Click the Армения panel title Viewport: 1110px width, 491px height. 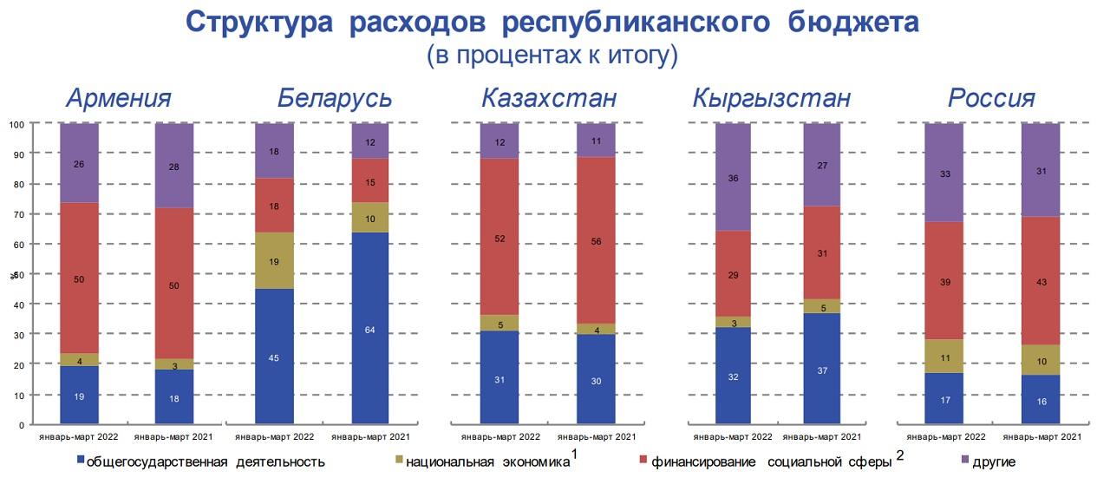(x=119, y=98)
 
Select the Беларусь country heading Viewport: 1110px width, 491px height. (x=334, y=98)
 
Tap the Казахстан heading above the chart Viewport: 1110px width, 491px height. (x=549, y=98)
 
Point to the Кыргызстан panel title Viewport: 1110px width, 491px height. (x=771, y=98)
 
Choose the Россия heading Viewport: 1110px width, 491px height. (x=991, y=98)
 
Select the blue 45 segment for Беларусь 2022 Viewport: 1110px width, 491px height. (x=274, y=357)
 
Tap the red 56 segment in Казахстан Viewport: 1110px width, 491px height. (x=596, y=242)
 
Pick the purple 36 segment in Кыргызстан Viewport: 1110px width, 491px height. (x=734, y=177)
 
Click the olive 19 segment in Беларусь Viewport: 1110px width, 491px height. (x=274, y=260)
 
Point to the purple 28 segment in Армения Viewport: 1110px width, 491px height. (x=173, y=166)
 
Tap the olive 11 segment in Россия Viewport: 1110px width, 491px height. (x=943, y=356)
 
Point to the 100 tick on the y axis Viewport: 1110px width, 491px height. (x=16, y=124)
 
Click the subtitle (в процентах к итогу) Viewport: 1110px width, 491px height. (x=552, y=56)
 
